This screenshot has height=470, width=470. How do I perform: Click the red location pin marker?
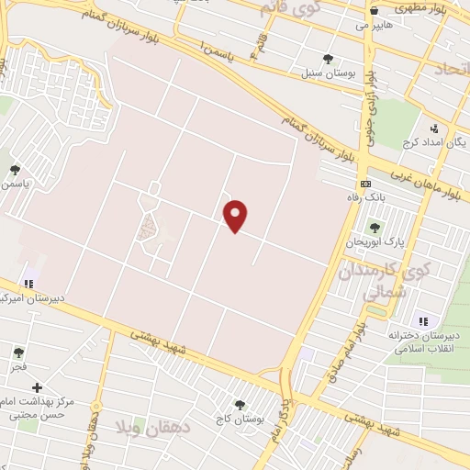coord(236,216)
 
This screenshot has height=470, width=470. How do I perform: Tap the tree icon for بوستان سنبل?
coord(328,60)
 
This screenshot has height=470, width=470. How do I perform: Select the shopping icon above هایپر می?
coord(374,12)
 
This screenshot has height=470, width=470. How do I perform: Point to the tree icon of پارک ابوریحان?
coord(374,227)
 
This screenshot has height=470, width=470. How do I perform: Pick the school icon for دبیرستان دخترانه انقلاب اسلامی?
coord(423,320)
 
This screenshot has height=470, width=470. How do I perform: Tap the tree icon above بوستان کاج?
coord(240,405)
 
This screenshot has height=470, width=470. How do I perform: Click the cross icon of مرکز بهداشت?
coord(37,388)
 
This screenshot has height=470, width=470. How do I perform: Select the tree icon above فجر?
coord(18,352)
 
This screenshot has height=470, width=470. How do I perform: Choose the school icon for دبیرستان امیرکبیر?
coord(28,284)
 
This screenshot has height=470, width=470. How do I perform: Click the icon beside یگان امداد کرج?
coord(433,129)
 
